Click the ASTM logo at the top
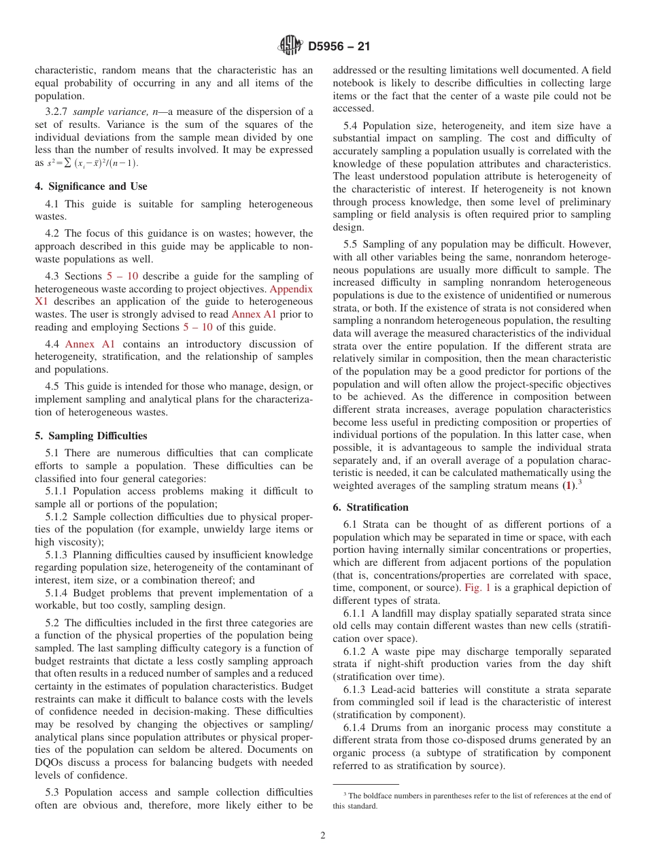point(290,46)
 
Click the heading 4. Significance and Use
point(91,186)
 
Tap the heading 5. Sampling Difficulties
point(91,436)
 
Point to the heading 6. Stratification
point(371,507)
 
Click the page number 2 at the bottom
point(323,836)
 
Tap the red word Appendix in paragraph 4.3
point(291,288)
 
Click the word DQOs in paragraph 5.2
point(51,762)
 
